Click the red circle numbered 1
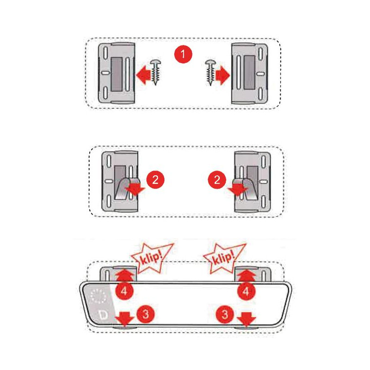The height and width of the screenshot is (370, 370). pyautogui.click(x=183, y=54)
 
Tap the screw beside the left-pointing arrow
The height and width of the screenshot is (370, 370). pyautogui.click(x=155, y=72)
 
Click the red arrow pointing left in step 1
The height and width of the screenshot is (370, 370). pyautogui.click(x=144, y=75)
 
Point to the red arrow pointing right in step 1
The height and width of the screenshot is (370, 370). pyautogui.click(x=222, y=75)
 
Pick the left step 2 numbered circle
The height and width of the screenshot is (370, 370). pyautogui.click(x=155, y=180)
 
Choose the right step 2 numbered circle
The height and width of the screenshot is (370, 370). pyautogui.click(x=217, y=180)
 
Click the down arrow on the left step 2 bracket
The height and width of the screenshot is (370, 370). pyautogui.click(x=135, y=190)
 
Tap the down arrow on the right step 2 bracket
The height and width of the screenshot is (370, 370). pyautogui.click(x=238, y=190)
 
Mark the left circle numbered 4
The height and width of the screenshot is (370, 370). pyautogui.click(x=124, y=291)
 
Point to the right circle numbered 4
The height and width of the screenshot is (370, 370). pyautogui.click(x=246, y=291)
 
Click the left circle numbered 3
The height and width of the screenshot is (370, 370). pyautogui.click(x=145, y=314)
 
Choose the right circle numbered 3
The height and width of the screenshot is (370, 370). pyautogui.click(x=225, y=314)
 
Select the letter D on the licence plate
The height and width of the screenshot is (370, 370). pyautogui.click(x=103, y=315)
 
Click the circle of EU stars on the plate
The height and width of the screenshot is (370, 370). pyautogui.click(x=99, y=296)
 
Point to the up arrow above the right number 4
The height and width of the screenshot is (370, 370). pyautogui.click(x=246, y=276)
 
